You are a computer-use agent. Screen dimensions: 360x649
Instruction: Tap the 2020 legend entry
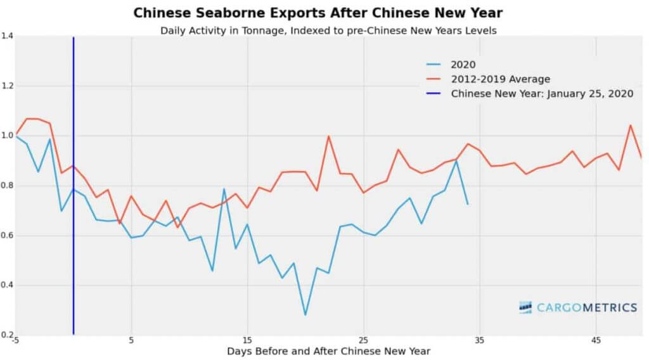click(462, 63)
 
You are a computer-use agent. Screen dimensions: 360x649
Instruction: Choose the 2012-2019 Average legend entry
click(500, 79)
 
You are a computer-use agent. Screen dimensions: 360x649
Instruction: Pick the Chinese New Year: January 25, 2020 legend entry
click(542, 94)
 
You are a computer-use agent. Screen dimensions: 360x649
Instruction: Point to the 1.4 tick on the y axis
click(7, 37)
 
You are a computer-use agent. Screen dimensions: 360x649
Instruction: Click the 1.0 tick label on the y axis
click(7, 136)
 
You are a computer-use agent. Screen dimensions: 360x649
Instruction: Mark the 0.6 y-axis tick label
click(7, 235)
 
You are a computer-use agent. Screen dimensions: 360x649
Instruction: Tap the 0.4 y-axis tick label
click(7, 285)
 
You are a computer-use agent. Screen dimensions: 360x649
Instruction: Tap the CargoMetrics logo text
click(586, 308)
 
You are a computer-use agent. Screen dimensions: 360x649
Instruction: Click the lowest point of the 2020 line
click(305, 315)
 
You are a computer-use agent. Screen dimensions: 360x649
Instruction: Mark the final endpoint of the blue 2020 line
click(468, 204)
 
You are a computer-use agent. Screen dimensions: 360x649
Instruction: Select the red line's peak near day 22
click(328, 136)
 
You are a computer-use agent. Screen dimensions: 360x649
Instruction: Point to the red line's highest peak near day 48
click(630, 125)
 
